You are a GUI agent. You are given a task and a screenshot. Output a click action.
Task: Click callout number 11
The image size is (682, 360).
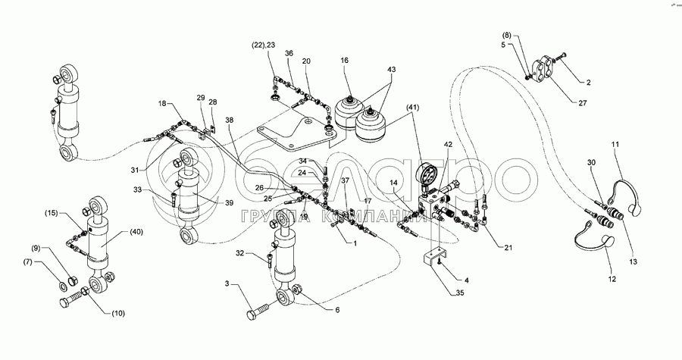[615, 142]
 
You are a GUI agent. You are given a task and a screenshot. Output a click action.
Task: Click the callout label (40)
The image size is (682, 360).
[136, 232]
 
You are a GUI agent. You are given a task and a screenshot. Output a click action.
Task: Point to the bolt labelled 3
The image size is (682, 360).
[258, 311]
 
